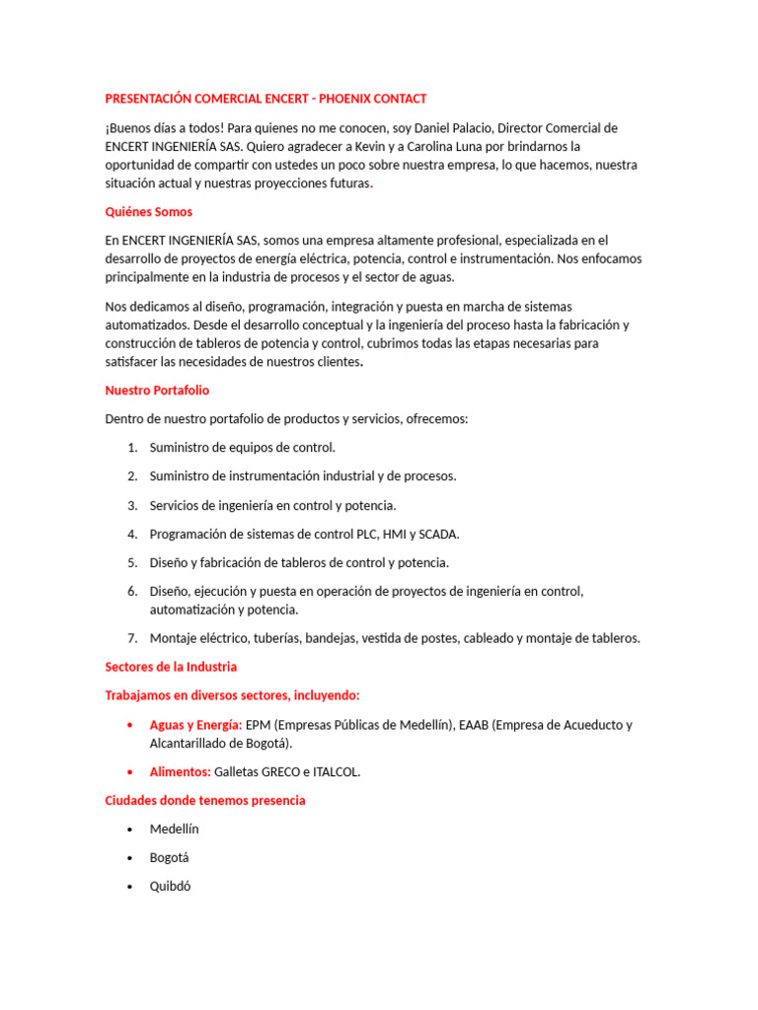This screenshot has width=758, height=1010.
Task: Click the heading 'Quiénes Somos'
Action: pos(148,211)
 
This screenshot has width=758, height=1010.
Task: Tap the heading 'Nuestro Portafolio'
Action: pos(157,391)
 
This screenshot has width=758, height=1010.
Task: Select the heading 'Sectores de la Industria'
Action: pos(171,667)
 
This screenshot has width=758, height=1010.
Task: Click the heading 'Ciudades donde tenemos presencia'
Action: pos(205,800)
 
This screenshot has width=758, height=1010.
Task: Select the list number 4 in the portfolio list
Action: pos(132,534)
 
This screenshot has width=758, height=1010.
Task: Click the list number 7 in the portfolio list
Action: pos(132,638)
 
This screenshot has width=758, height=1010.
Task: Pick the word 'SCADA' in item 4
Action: pos(438,534)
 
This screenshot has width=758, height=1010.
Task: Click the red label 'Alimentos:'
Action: pos(180,771)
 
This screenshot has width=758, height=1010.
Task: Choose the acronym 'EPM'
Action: pos(259,725)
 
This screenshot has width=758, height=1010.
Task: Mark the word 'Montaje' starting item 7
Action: pos(174,638)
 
